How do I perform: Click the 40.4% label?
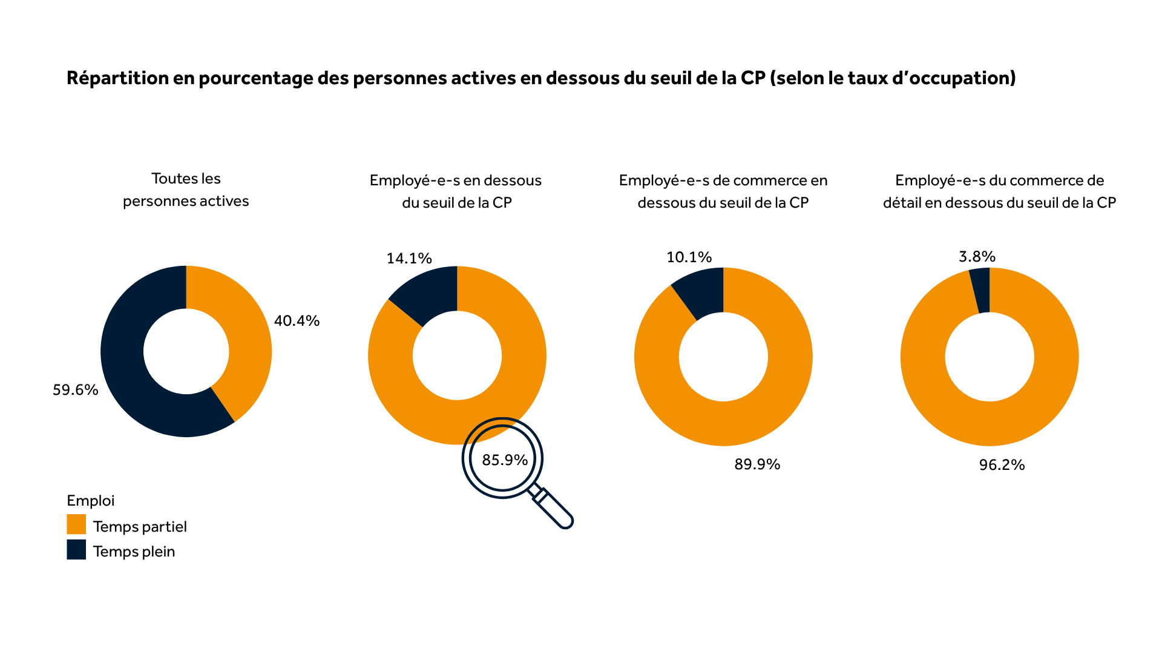click(x=297, y=321)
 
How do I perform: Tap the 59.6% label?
click(x=75, y=390)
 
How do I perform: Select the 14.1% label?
click(x=409, y=259)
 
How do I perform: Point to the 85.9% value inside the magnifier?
click(x=505, y=460)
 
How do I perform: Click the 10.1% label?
click(x=689, y=257)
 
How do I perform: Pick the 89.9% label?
click(x=757, y=464)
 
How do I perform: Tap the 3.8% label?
click(x=977, y=257)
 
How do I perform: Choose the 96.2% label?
click(x=1002, y=465)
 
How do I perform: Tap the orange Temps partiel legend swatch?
click(x=76, y=524)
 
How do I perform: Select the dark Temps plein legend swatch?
click(x=76, y=550)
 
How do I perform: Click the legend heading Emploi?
click(x=90, y=501)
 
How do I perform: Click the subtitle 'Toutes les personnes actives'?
click(x=186, y=190)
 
